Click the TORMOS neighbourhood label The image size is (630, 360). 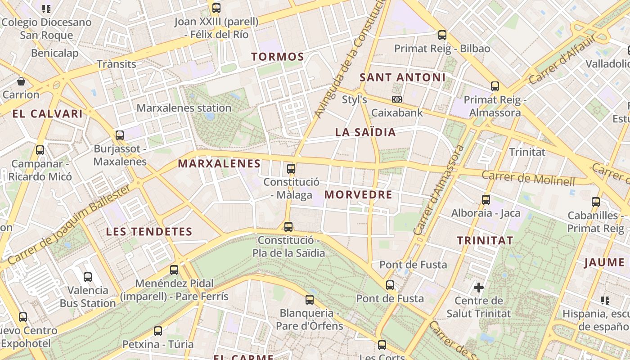(278, 57)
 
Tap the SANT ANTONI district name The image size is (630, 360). (402, 77)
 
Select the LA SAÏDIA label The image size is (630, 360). (365, 132)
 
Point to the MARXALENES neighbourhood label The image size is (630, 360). (219, 164)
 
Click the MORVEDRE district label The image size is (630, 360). (358, 195)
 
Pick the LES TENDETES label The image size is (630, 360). (149, 232)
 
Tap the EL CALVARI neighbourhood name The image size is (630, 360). (48, 114)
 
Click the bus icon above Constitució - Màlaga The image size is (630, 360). (291, 169)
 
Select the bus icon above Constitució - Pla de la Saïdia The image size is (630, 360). (288, 226)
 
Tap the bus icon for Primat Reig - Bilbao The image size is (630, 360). (442, 35)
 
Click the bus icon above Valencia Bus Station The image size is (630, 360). (88, 277)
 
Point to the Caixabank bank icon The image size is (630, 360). (396, 99)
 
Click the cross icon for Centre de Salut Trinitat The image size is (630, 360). (479, 287)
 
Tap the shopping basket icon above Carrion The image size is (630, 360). (21, 81)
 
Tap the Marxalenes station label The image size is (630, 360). (184, 108)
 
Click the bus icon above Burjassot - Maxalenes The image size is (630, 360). (120, 135)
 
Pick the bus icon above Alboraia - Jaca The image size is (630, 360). (486, 199)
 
